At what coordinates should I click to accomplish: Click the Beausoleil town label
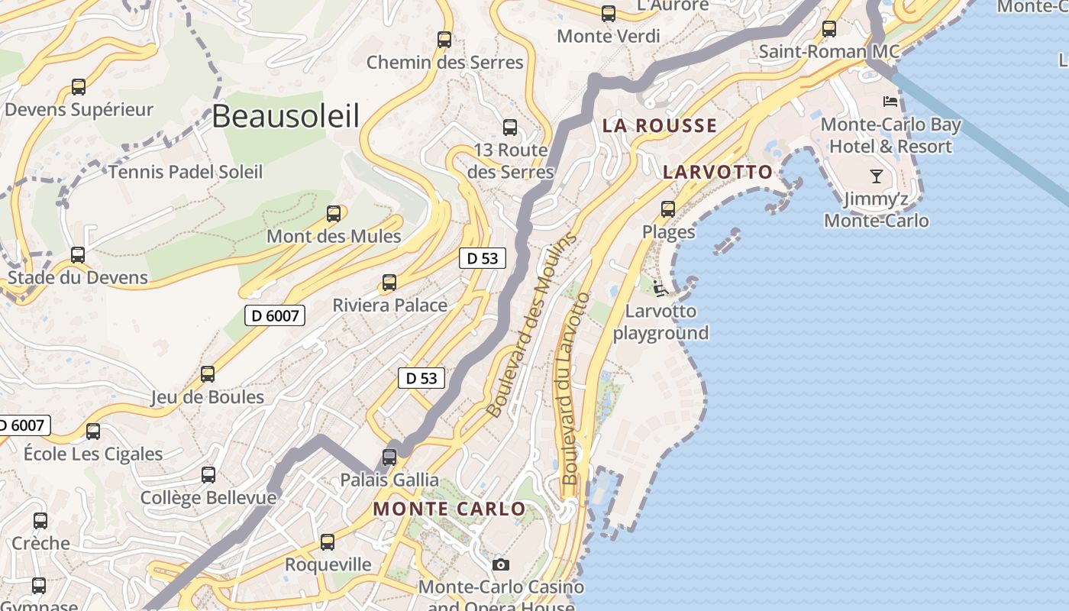point(285,116)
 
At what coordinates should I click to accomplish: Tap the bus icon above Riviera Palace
point(389,283)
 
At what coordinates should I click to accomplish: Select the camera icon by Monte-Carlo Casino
point(501,564)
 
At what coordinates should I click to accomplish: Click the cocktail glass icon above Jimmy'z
point(877,176)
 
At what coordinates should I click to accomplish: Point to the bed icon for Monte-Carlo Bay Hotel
point(890,101)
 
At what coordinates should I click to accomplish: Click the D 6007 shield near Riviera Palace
point(275,315)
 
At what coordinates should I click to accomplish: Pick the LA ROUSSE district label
point(660,126)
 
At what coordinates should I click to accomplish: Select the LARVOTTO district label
point(718,172)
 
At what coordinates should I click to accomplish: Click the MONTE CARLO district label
point(449,509)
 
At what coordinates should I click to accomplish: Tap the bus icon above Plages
point(668,209)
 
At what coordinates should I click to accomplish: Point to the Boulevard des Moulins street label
point(529,325)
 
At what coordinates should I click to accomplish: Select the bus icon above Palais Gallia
point(389,457)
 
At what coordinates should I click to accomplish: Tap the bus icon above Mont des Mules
point(333,214)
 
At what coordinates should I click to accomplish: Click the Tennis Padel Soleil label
point(186,172)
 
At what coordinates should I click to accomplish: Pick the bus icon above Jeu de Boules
point(208,374)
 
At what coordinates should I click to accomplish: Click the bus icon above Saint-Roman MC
point(829,29)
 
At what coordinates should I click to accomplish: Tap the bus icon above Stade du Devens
point(78,254)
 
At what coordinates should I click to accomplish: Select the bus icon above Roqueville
point(328,542)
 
